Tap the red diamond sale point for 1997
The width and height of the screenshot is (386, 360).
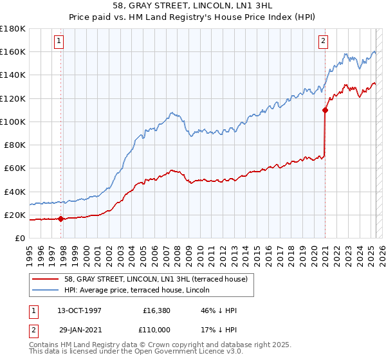point(60,219)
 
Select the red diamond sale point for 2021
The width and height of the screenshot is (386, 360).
point(325,110)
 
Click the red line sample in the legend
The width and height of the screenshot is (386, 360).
point(46,278)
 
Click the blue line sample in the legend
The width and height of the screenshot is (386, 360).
point(46,290)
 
